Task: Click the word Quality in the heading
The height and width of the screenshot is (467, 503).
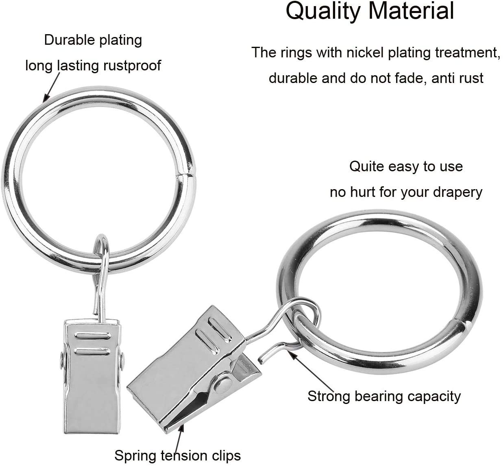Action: coord(323,11)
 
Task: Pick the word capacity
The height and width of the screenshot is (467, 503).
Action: coord(433,397)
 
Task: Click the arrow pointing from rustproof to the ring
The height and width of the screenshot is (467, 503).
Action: coord(52,87)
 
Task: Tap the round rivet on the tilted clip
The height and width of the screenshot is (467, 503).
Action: coord(223,383)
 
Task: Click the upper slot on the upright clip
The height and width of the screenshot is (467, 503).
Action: coord(93,336)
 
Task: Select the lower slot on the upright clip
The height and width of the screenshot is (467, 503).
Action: coord(92,351)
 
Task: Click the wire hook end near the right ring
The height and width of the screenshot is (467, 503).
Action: coord(261,360)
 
